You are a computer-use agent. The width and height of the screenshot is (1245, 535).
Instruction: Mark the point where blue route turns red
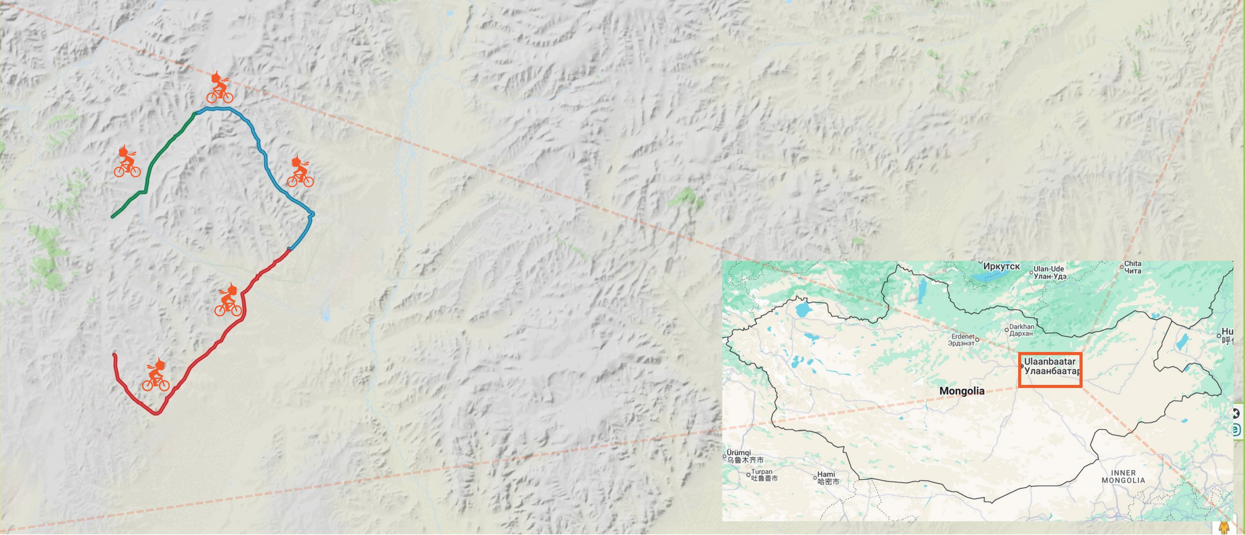289,249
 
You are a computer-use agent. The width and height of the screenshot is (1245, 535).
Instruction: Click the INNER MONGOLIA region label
1123,477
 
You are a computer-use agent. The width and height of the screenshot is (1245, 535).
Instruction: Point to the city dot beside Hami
815,478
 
